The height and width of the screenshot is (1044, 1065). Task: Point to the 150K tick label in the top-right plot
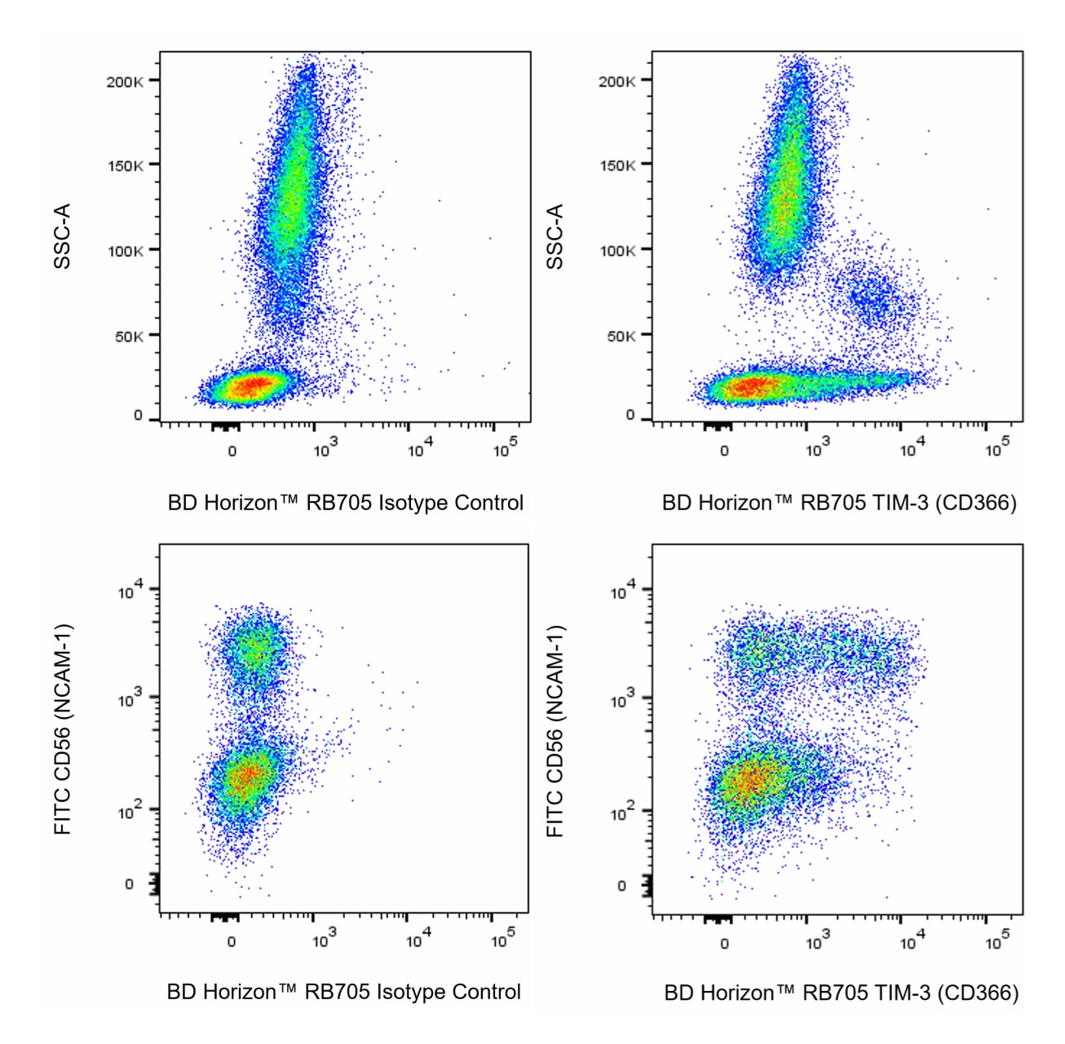(617, 165)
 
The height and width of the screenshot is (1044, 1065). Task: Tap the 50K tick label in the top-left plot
(129, 336)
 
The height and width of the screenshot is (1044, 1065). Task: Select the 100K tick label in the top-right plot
(617, 250)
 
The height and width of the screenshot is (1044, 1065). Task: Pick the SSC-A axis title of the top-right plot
(555, 236)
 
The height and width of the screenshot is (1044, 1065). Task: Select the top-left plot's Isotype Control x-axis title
(346, 503)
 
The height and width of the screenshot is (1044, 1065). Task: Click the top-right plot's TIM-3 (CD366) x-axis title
(839, 503)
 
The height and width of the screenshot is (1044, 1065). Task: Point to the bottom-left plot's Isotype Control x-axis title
(344, 992)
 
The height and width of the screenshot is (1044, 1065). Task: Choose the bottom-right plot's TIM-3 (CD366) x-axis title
(841, 993)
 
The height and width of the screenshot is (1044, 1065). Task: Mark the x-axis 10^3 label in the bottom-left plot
(324, 940)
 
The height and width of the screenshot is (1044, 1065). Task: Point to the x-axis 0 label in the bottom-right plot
(725, 944)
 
